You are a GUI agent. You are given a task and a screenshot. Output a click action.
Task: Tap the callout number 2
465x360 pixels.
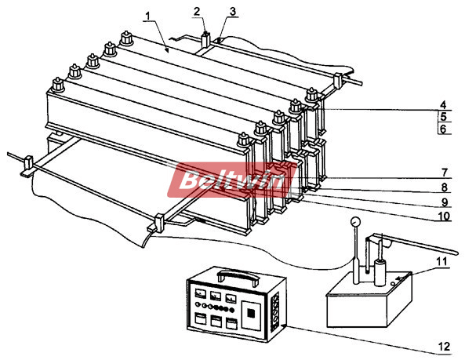[x=197, y=12]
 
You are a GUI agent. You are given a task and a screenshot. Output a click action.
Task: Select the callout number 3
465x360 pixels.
[x=233, y=11]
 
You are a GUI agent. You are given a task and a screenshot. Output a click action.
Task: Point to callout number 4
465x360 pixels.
[x=443, y=104]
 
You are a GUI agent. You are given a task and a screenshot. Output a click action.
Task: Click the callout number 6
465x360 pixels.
[x=443, y=129]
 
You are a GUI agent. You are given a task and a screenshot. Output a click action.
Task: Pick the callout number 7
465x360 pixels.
[x=444, y=173]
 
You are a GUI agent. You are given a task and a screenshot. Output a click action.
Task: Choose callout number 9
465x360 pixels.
[x=445, y=202]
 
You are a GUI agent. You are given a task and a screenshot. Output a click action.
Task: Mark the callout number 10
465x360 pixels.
[x=444, y=216]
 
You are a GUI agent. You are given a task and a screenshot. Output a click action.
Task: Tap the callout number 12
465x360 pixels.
[x=444, y=347]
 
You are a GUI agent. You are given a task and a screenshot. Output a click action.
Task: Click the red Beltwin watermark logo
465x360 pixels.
[x=232, y=180]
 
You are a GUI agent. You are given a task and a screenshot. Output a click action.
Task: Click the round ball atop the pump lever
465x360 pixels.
[x=355, y=221]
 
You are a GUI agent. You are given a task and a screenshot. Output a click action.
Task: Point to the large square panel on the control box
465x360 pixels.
[x=252, y=315]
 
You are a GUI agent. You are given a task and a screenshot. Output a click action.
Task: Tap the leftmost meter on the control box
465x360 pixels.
[x=200, y=293]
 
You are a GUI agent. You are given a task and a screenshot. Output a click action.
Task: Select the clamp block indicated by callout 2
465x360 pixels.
[x=205, y=40]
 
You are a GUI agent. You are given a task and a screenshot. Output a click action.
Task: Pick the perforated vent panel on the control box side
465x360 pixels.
[x=276, y=311]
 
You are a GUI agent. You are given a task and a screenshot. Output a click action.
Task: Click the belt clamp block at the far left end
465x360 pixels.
[x=27, y=166]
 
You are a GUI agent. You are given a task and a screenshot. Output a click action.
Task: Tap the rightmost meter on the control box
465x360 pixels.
[x=231, y=298]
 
